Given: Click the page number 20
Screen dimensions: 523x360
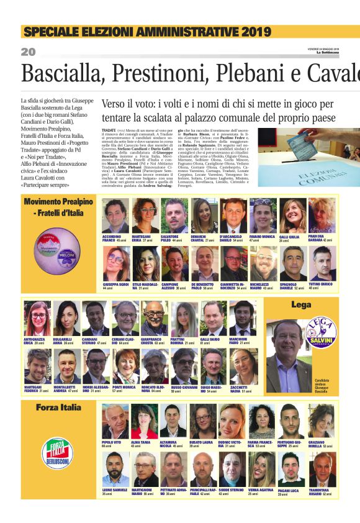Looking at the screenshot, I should coord(28,52).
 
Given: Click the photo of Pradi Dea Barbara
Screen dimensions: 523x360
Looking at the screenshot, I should coord(322,216).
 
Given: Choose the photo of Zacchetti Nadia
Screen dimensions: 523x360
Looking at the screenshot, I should coord(243,366).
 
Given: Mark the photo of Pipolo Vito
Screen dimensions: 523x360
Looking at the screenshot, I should coord(115,421).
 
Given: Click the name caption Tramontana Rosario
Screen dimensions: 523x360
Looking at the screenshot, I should coord(322,491).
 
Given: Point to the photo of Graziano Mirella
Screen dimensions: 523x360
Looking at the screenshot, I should coord(322,421).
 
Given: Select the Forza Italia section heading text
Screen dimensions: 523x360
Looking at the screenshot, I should coord(58,407).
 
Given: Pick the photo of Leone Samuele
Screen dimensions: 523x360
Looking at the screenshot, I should coord(115,470).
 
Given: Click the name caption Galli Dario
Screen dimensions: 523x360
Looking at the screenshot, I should coord(210,340).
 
